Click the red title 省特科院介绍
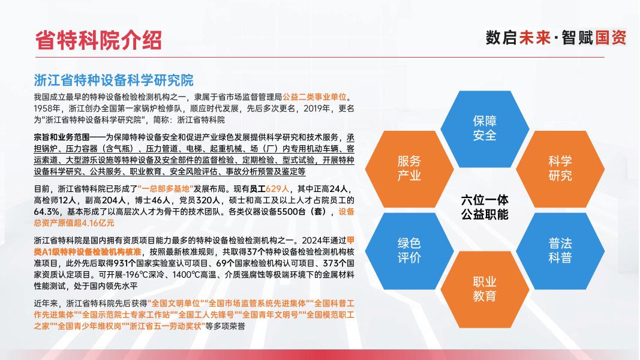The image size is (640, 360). [98, 40]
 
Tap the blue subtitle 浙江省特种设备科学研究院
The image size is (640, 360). [113, 80]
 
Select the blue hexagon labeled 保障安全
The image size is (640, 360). [485, 128]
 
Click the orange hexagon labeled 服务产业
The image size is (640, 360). [409, 169]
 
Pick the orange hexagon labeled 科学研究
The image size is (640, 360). [560, 169]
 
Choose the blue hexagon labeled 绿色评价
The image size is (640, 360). [409, 251]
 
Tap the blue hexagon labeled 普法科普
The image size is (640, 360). [560, 251]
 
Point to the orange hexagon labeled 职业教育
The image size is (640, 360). [485, 289]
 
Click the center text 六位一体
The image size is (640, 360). [485, 200]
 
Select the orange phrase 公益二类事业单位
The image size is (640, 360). [314, 97]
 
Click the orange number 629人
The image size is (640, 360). [277, 188]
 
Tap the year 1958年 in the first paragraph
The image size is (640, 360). [47, 108]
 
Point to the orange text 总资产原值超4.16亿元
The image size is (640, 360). [74, 223]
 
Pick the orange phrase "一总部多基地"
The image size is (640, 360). [166, 188]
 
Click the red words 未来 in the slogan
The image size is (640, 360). [535, 38]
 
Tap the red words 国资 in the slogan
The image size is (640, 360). [611, 38]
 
